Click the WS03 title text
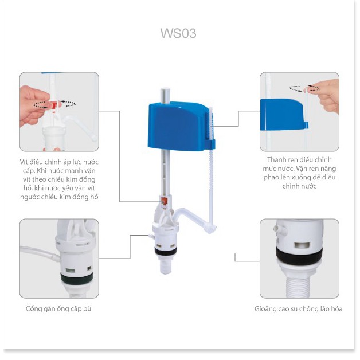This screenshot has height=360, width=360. tap(178, 33)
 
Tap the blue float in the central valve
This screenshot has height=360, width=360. tap(177, 126)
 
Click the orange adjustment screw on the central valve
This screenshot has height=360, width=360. tap(164, 201)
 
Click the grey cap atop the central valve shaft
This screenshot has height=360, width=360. tap(165, 96)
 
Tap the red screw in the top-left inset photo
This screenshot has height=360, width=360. tap(54, 105)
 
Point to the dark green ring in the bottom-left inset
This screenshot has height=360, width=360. tap(77, 277)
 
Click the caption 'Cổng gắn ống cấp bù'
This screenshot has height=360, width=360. tap(58, 308)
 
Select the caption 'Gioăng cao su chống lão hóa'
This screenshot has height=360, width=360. tap(299, 309)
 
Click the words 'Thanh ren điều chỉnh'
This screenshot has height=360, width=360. tap(299, 159)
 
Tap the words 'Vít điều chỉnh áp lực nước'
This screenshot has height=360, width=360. tap(59, 162)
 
